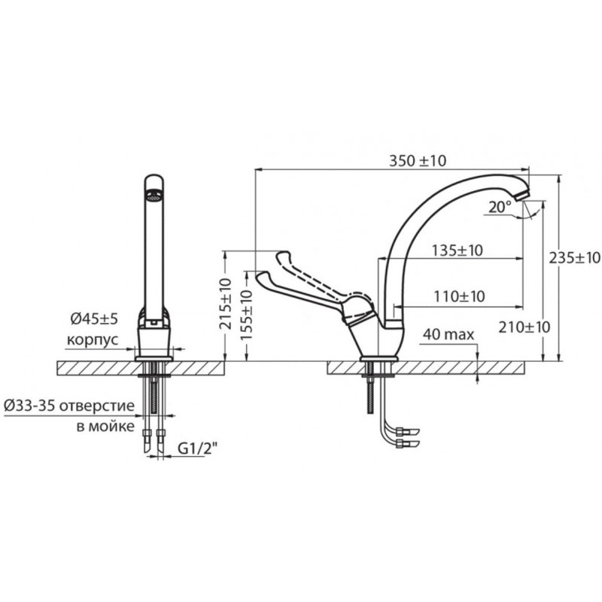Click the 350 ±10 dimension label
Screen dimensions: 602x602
418,161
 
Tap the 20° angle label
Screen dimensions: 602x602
500,208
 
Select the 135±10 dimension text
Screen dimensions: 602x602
458,251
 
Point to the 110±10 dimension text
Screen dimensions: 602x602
459,296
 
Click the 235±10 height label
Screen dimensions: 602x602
574,257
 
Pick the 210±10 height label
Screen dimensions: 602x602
524,327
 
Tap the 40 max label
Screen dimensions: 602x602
448,335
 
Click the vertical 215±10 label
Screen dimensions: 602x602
226,304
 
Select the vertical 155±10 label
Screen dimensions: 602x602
246,315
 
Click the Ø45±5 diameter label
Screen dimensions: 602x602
94,318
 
